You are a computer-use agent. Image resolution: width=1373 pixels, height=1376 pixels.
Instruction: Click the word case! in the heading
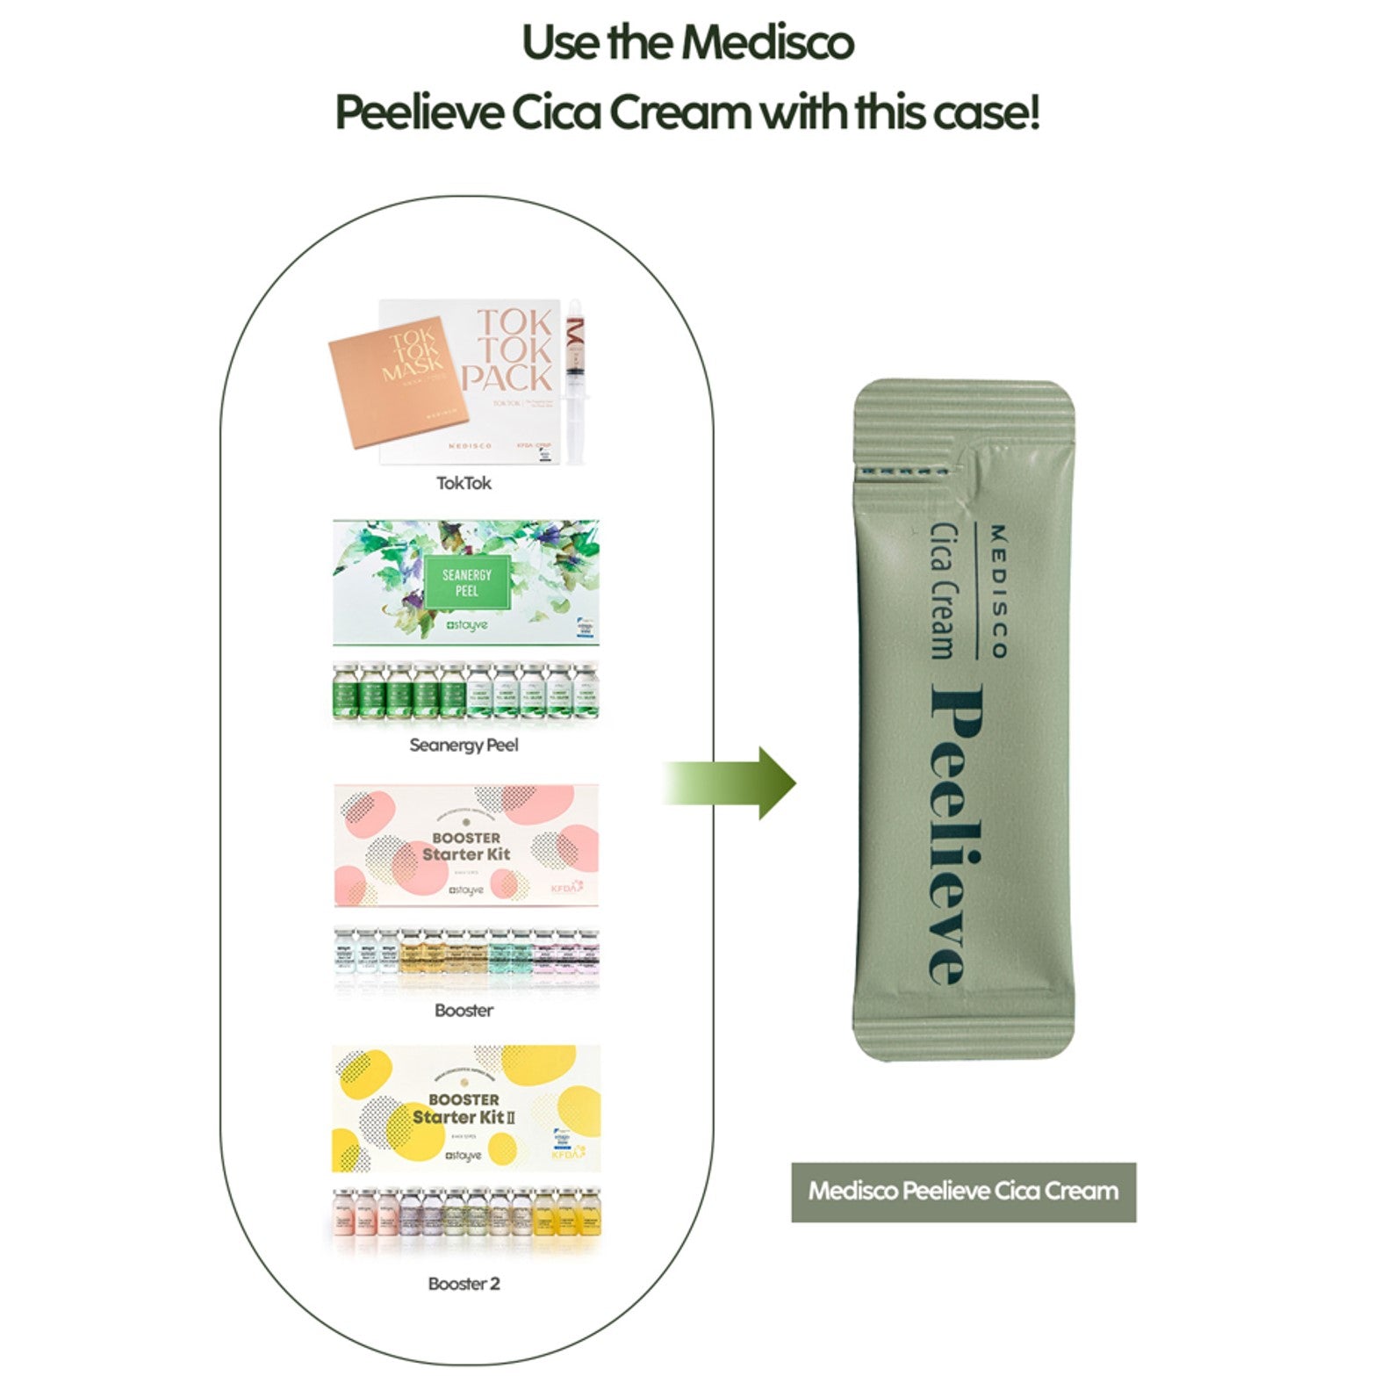[985, 113]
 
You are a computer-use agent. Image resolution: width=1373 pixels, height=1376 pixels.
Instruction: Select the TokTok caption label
[464, 483]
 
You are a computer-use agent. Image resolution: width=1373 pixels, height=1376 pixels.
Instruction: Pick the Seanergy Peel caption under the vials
[464, 746]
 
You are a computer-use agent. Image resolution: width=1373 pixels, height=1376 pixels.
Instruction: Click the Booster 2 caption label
[464, 1284]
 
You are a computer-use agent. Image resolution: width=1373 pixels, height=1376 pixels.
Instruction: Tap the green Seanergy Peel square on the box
[466, 582]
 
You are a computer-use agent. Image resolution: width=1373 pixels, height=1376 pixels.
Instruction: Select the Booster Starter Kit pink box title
[466, 846]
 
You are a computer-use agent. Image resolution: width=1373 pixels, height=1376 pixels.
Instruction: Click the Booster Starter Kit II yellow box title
[464, 1108]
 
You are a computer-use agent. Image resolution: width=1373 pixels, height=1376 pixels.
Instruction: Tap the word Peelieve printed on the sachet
[957, 834]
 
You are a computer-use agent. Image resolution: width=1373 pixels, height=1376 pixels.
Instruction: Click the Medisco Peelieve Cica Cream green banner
[963, 1192]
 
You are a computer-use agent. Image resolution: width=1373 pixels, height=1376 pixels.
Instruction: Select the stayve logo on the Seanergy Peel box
[466, 625]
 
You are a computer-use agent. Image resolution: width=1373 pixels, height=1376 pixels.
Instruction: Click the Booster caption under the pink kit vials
[464, 1011]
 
